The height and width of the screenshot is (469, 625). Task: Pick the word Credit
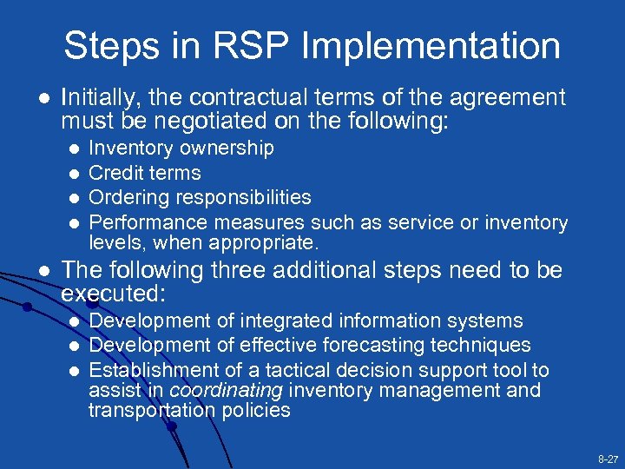117,173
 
